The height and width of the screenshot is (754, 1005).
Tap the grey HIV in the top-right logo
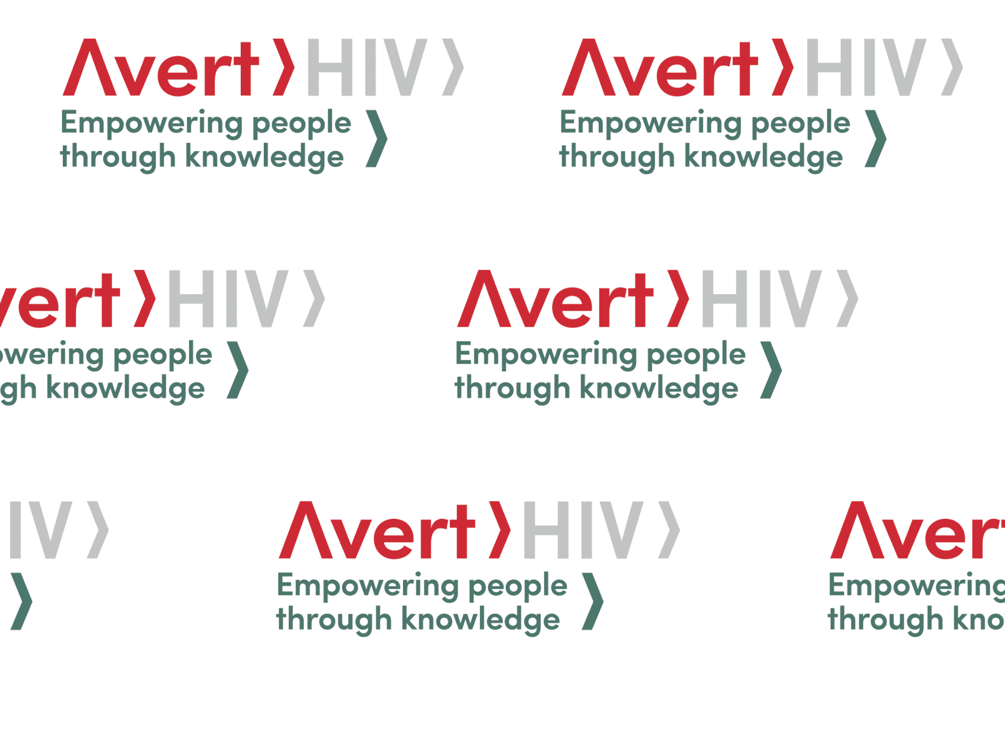(x=866, y=68)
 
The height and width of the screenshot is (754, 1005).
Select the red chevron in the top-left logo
(x=284, y=67)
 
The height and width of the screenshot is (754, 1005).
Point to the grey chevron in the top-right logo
(x=952, y=67)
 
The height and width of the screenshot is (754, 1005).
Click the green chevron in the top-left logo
(x=377, y=138)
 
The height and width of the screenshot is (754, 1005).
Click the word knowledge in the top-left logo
(x=264, y=157)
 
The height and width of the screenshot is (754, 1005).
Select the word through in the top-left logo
(x=118, y=157)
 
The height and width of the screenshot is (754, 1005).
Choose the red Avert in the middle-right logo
(x=555, y=300)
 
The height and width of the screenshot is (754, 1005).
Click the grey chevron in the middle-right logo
(x=847, y=298)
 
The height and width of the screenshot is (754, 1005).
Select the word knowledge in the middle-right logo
(x=659, y=389)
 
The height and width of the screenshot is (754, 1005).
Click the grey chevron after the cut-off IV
(x=98, y=530)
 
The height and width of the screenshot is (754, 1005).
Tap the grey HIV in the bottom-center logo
(x=583, y=530)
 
